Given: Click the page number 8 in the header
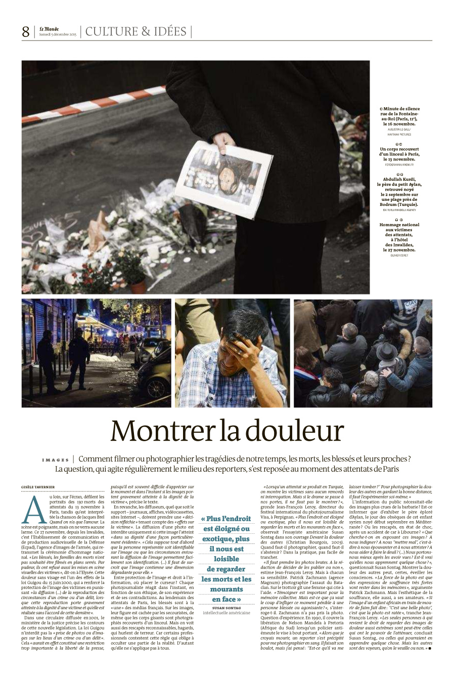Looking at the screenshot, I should coord(25,32).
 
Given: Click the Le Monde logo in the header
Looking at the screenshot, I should coord(49,28).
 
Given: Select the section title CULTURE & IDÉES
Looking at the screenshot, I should coord(136,31).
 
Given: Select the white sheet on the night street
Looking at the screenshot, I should coord(104,358).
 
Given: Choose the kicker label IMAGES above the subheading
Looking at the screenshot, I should coord(56,460).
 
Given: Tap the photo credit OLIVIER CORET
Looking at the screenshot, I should coord(399,255).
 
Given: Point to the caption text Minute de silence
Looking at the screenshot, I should coord(401,109).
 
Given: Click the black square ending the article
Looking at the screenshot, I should coord(429,648).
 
